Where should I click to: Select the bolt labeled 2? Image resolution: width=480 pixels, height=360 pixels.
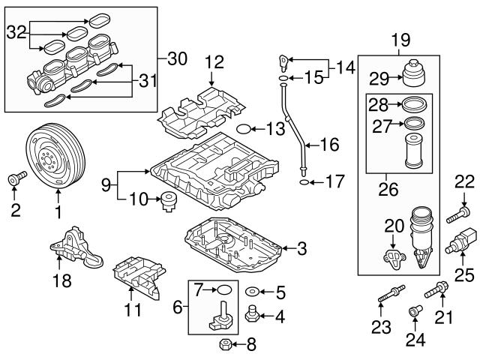click(15, 178)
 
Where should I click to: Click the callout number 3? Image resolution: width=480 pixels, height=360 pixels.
click(301, 247)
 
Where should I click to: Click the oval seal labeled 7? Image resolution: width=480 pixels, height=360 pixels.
click(223, 289)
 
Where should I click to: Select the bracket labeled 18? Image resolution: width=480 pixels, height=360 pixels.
click(71, 243)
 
